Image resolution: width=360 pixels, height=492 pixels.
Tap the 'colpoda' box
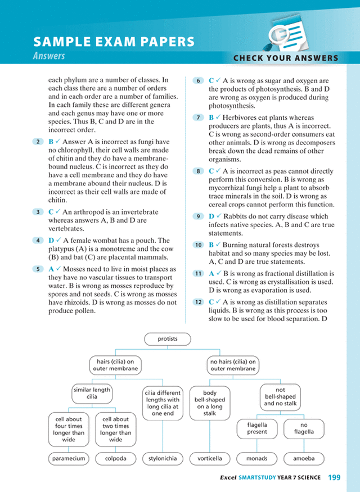click(x=115, y=458)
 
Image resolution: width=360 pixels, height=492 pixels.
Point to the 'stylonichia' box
click(x=162, y=458)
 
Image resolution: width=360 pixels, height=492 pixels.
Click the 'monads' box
click(x=257, y=458)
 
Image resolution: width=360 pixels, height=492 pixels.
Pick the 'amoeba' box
click(x=304, y=458)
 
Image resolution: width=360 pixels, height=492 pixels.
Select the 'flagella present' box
click(x=257, y=428)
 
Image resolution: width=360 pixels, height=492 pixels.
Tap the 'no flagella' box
click(x=304, y=428)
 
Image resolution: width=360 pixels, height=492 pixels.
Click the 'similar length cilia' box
click(x=91, y=393)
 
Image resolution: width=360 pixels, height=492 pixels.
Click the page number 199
click(x=334, y=477)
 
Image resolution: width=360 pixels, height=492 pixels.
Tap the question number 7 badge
click(x=198, y=118)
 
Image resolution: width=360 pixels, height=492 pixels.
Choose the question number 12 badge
click(x=198, y=303)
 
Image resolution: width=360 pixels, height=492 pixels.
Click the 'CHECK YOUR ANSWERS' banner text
click(x=286, y=58)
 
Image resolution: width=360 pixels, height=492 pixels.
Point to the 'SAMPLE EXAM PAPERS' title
click(x=114, y=42)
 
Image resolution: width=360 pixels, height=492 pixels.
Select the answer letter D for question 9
click(x=211, y=216)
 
